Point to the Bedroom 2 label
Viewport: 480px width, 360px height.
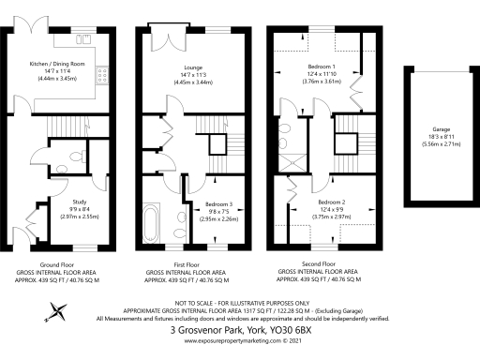331,202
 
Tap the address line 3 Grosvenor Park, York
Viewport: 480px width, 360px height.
239,330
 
